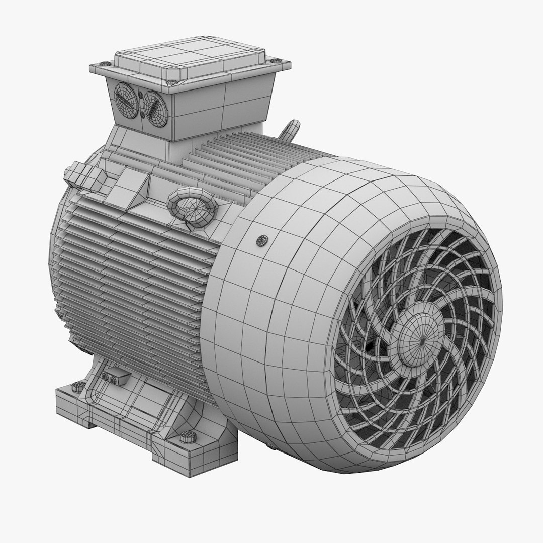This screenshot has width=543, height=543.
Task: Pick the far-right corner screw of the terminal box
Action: pos(274,61)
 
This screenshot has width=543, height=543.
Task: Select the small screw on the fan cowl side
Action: pos(261,240)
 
